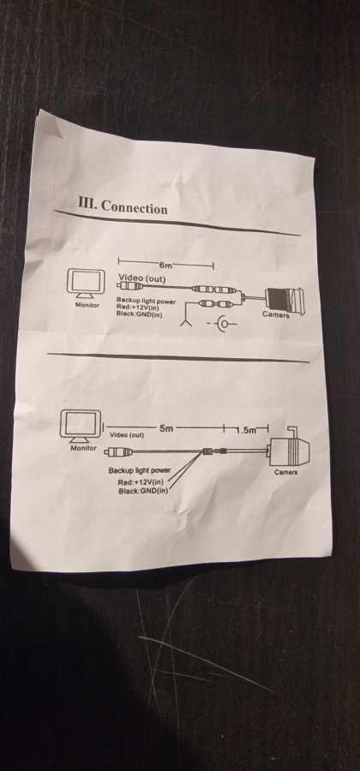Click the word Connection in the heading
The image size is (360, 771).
click(134, 207)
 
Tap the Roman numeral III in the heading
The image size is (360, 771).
click(87, 202)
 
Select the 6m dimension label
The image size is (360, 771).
click(165, 266)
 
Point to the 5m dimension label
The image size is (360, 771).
click(166, 427)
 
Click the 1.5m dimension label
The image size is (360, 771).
click(245, 431)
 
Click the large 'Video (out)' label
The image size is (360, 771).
click(142, 278)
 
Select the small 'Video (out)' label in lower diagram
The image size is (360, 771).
click(126, 434)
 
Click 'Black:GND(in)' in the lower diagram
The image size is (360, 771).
click(143, 490)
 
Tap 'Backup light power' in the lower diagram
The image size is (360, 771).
click(140, 470)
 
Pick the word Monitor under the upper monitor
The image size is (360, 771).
click(87, 305)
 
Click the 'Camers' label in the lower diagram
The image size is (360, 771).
click(285, 473)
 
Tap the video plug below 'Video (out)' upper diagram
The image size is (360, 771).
click(129, 285)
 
